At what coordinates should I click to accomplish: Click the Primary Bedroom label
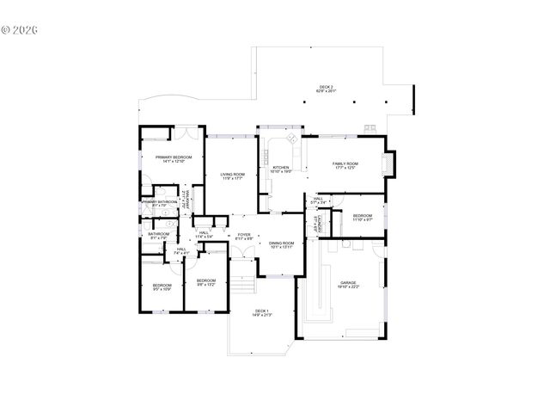point(174,160)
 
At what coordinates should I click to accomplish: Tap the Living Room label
point(233,176)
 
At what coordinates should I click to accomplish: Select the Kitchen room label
point(282,170)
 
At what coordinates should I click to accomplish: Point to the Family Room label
point(346,165)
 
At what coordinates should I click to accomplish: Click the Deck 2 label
point(326,89)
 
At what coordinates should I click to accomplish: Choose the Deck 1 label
point(261,313)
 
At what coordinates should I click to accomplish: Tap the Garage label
point(348,285)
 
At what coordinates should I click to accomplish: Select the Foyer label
point(244,236)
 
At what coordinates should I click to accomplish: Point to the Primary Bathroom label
point(160,204)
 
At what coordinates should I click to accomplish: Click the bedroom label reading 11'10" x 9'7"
point(362,218)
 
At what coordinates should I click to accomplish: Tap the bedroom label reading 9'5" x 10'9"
point(162,287)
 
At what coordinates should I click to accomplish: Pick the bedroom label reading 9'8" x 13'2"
point(205,283)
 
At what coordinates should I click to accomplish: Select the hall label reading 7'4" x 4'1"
point(181,251)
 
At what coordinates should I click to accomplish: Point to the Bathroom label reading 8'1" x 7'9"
point(158,236)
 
